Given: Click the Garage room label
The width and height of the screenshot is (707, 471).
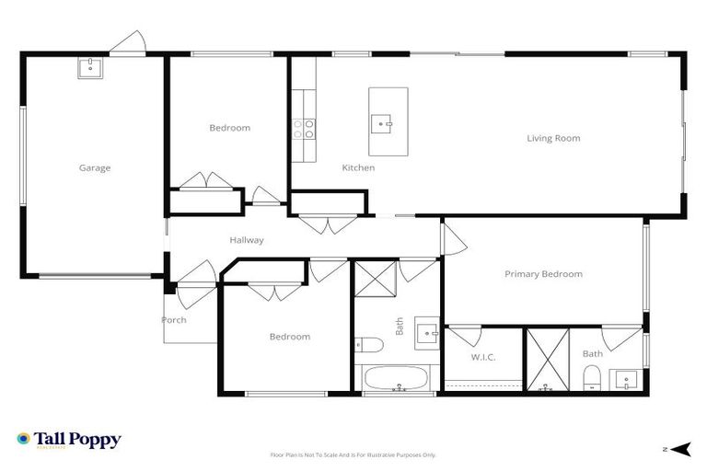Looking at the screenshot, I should click(95, 167).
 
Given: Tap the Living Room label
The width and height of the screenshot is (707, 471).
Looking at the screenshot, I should click(553, 138).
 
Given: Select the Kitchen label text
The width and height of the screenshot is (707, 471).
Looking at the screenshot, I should click(358, 167).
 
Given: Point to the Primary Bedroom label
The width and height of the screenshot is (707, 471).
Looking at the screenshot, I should click(543, 273).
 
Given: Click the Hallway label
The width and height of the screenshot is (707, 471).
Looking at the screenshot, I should click(247, 240).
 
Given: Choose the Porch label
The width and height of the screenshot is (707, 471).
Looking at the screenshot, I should click(174, 320).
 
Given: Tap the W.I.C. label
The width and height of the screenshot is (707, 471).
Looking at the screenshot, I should click(483, 357).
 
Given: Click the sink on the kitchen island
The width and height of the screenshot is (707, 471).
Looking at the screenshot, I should click(384, 121).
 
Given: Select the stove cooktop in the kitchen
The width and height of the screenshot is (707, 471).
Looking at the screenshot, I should click(304, 129).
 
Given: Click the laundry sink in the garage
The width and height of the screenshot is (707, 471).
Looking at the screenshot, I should click(90, 67).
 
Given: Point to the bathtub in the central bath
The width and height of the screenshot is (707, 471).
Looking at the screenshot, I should click(397, 379).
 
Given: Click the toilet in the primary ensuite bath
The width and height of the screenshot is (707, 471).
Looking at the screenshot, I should click(593, 376).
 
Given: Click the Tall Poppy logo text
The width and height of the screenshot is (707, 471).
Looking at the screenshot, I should click(77, 440).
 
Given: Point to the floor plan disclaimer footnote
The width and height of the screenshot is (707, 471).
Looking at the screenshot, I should click(353, 454).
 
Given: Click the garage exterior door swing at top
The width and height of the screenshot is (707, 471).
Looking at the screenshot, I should click(128, 42).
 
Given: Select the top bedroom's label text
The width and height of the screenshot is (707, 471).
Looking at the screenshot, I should click(229, 128).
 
